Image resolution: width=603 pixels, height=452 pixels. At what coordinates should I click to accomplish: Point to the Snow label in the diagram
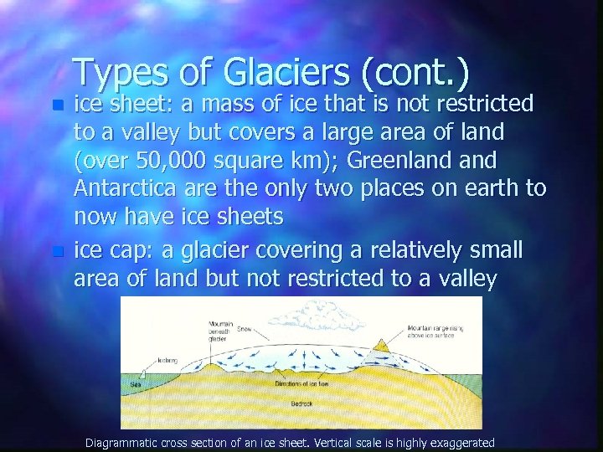tap(244, 329)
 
